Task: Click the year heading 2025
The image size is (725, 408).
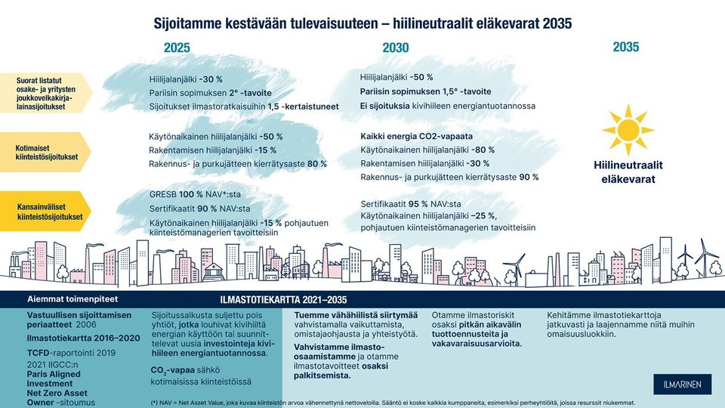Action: (177, 48)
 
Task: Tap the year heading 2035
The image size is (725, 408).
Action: (625, 47)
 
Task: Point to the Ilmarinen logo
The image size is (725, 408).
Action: (677, 385)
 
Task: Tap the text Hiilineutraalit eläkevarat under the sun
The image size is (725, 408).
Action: (628, 172)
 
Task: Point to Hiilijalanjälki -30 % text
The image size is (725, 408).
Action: (180, 78)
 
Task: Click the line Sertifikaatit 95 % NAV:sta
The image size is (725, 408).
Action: (410, 204)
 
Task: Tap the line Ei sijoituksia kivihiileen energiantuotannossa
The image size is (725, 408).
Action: (447, 106)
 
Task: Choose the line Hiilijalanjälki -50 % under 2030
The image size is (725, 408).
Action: (396, 77)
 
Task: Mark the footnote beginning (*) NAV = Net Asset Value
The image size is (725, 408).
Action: (393, 402)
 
